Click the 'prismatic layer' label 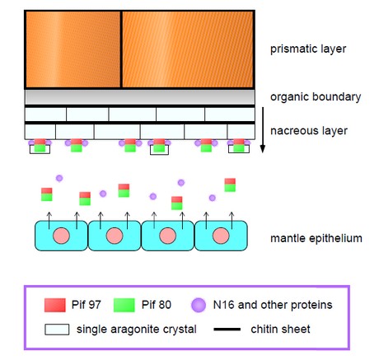(x=308, y=49)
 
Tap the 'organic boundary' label (x=316, y=97)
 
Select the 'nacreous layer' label (x=309, y=131)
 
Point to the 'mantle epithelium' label (x=316, y=238)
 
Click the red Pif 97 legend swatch (x=55, y=305)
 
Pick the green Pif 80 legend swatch (x=124, y=305)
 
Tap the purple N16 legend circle (x=199, y=305)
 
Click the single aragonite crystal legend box (x=57, y=330)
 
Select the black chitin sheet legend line (x=227, y=330)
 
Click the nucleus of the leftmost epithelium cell (x=61, y=236)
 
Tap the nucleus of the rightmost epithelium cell (x=221, y=236)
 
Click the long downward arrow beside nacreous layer (x=263, y=130)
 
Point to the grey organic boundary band (x=140, y=97)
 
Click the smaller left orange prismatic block (x=73, y=49)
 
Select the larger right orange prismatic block (x=188, y=49)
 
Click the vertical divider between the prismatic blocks (x=121, y=49)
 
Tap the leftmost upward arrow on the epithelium (x=49, y=221)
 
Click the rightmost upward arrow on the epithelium (x=232, y=221)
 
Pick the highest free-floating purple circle (x=59, y=178)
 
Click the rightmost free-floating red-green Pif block (x=230, y=185)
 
